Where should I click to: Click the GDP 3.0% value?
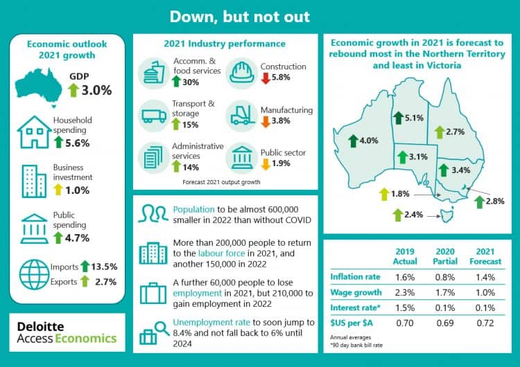click(x=96, y=90)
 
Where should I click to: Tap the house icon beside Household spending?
click(x=32, y=129)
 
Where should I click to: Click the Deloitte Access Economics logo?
click(x=67, y=332)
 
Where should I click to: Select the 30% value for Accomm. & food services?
click(x=190, y=82)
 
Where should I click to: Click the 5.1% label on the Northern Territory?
click(x=414, y=118)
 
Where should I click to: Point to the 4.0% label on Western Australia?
click(x=369, y=141)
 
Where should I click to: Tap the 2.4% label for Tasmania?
click(x=413, y=215)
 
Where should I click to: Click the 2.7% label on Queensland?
click(x=454, y=132)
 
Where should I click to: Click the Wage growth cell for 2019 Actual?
click(x=405, y=293)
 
